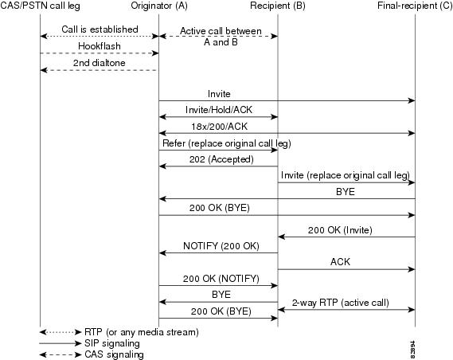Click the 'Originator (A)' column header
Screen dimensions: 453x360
[159, 6]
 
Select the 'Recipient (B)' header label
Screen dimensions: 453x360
[278, 6]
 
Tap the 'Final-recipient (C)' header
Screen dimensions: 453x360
[415, 6]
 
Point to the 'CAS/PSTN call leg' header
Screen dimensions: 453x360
[40, 6]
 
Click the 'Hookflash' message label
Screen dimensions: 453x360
[100, 46]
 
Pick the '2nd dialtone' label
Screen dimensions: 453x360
[99, 63]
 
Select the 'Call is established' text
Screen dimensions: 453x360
[100, 29]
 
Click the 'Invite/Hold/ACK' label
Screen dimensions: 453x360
[219, 109]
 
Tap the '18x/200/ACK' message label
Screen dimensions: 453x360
[219, 127]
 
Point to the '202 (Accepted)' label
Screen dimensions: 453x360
[221, 159]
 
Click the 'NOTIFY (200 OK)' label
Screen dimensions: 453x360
[221, 246]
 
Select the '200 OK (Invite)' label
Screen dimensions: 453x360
[340, 230]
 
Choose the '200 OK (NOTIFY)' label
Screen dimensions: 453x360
[221, 279]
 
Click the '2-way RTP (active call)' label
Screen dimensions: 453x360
[340, 303]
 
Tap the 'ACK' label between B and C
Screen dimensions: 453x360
[340, 262]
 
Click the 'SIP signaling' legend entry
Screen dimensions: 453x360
[112, 343]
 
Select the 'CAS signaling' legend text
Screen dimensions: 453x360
[114, 354]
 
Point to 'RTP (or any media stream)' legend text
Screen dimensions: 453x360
[142, 332]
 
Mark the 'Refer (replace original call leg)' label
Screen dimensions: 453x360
[227, 143]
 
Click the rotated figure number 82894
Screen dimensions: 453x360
[413, 350]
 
